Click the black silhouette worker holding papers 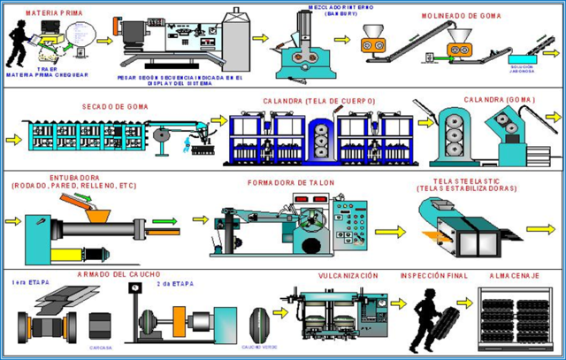19,44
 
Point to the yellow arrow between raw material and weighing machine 105,41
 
